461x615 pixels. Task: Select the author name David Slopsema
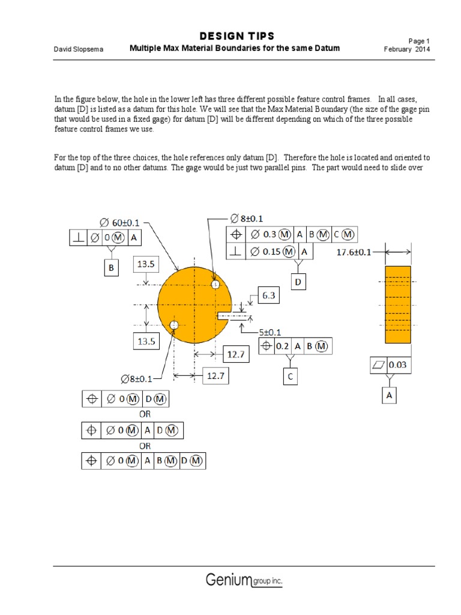[x=78, y=49]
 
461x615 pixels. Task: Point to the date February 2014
[x=407, y=49]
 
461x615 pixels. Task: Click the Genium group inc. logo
[x=244, y=580]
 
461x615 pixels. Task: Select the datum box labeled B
[x=111, y=268]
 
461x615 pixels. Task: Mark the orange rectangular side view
[x=397, y=304]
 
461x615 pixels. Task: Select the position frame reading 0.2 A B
[x=295, y=346]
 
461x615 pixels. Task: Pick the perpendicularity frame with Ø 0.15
[x=270, y=252]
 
